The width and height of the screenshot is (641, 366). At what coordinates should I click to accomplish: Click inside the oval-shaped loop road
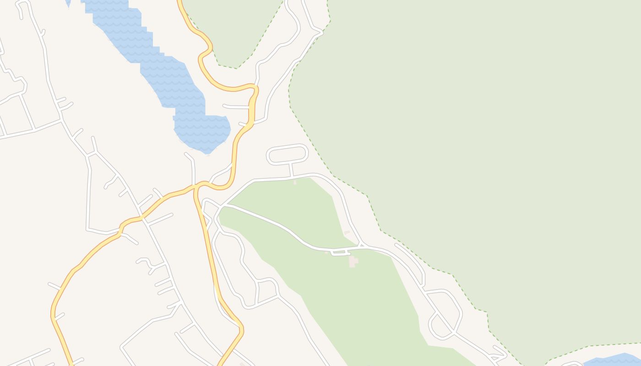tap(287, 154)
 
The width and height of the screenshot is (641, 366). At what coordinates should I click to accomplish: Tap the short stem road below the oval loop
tap(291, 170)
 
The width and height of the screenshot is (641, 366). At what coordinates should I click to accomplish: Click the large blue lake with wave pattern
tap(174, 78)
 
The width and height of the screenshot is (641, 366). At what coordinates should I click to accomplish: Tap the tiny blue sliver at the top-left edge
tap(68, 3)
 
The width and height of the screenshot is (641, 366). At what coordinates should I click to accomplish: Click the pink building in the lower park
tap(353, 261)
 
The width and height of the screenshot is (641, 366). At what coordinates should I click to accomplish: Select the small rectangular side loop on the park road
tap(340, 252)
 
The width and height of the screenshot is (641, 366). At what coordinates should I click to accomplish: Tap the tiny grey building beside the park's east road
tap(347, 233)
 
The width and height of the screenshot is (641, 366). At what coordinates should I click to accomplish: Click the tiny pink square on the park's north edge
tap(294, 182)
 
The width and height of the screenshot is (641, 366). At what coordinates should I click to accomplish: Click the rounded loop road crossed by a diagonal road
tap(444, 316)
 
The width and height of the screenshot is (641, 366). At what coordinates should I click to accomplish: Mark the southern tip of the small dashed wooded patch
tap(237, 68)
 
